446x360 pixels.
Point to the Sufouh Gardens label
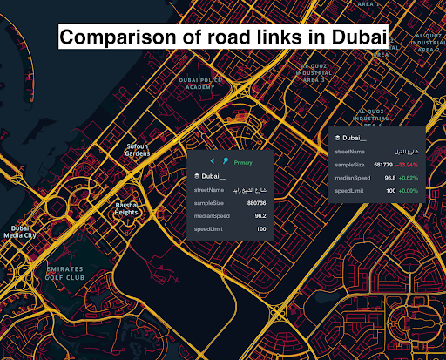click(138, 149)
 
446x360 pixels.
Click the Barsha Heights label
click(126, 208)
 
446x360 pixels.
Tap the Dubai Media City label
click(19, 231)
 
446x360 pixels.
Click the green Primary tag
click(243, 162)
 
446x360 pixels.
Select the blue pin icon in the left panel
click(225, 162)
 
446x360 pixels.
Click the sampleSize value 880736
click(250, 202)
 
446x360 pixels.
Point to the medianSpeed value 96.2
click(260, 215)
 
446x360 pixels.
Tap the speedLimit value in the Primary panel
click(260, 228)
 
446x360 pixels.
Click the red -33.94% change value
click(408, 163)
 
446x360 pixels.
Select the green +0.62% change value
click(409, 177)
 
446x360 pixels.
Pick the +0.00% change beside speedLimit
click(409, 190)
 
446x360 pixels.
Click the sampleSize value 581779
click(382, 163)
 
